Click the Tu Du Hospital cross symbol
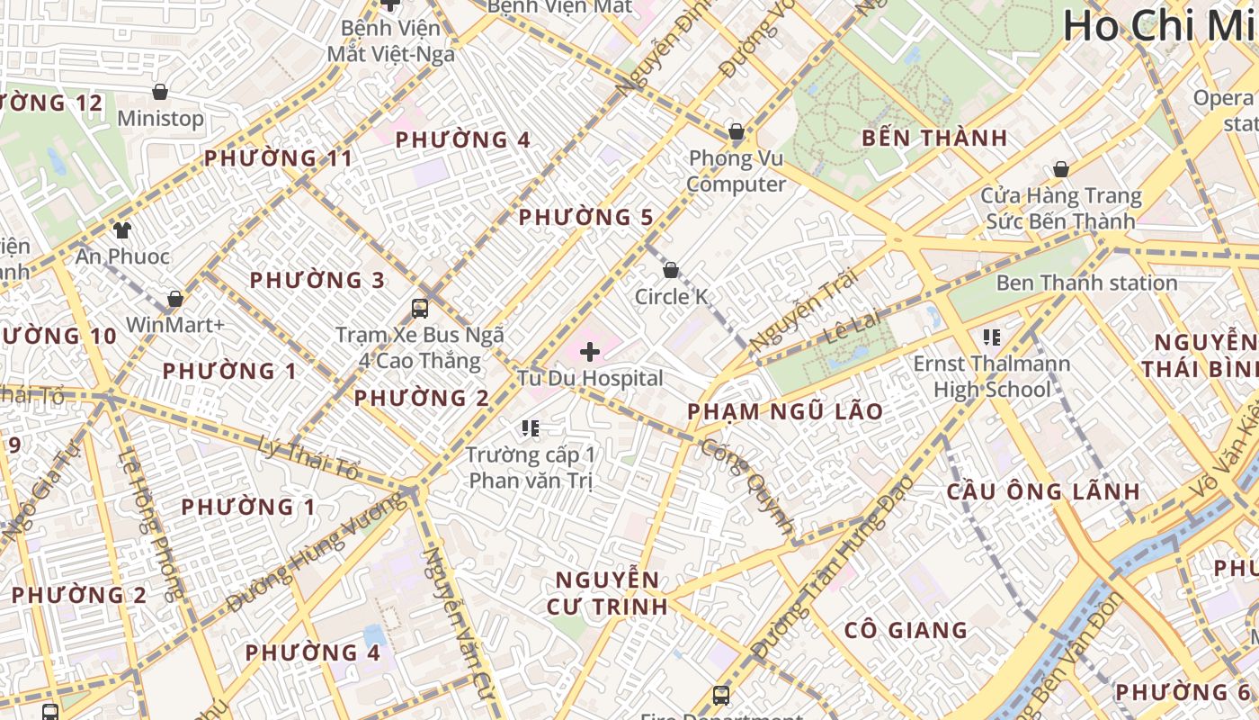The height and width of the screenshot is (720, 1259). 590,352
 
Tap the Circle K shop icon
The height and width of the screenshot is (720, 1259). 670,270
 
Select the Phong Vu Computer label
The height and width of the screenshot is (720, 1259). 736,171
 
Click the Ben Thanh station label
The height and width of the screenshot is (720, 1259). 1086,283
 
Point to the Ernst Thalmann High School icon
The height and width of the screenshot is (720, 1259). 992,337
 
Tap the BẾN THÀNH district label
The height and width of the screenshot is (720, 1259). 934,138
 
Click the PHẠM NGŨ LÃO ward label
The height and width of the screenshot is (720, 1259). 785,411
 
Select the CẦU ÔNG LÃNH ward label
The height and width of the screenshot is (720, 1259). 1043,491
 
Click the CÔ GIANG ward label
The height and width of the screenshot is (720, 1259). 906,630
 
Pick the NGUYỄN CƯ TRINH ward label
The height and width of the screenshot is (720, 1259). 607,592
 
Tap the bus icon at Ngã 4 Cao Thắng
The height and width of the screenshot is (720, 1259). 420,309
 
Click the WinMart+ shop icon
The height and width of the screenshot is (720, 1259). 175,298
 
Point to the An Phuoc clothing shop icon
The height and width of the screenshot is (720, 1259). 122,230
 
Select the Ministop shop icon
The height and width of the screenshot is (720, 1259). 160,92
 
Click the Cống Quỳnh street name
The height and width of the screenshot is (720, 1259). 748,486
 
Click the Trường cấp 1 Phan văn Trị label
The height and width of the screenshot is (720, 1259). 531,467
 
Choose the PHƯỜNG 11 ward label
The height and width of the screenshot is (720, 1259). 278,158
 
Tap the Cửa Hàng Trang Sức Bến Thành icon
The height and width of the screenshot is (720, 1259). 1061,169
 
